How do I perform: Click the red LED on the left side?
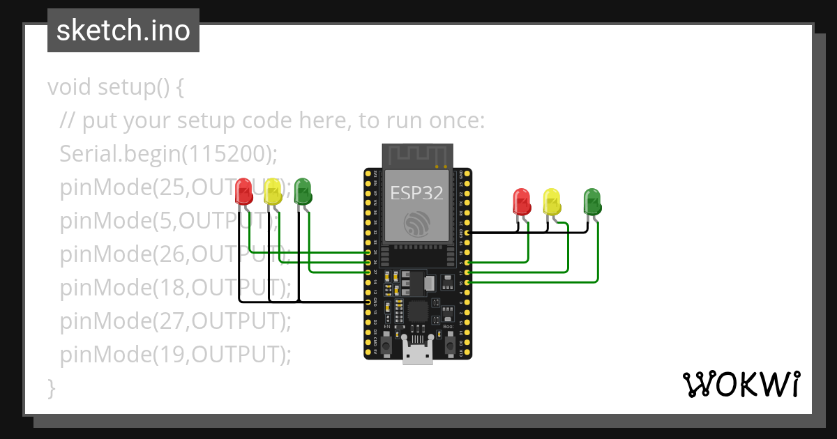[243, 191]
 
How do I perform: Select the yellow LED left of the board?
[273, 191]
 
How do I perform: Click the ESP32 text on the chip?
[416, 193]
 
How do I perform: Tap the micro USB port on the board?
[418, 355]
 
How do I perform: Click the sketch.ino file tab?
[123, 31]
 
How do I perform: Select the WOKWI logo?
[741, 384]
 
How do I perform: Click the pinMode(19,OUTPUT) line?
[175, 355]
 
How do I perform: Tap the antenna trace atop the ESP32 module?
[417, 155]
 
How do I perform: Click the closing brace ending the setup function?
[51, 387]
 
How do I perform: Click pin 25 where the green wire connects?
[368, 252]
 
